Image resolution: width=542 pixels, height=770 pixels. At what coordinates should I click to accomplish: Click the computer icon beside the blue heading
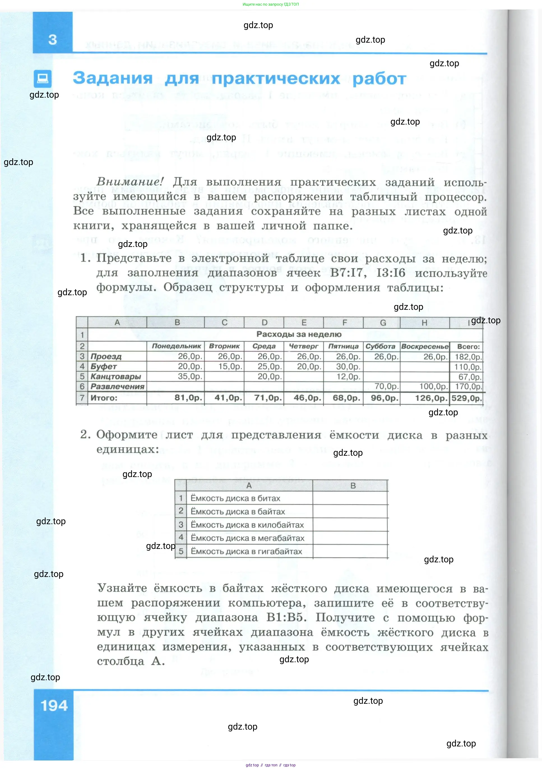[x=43, y=79]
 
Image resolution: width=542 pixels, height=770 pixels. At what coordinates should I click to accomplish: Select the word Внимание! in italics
[x=130, y=182]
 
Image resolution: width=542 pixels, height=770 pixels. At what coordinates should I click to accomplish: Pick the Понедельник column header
[x=176, y=346]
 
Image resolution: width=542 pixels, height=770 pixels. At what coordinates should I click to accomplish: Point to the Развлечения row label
[x=117, y=387]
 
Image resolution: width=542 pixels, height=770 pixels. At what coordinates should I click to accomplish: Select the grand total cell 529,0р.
[x=467, y=398]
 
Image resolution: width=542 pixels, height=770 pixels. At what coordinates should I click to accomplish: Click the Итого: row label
[x=104, y=398]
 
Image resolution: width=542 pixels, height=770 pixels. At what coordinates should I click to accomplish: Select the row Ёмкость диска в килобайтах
[x=247, y=525]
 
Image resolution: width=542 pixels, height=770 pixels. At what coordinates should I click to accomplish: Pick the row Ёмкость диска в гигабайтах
[x=246, y=551]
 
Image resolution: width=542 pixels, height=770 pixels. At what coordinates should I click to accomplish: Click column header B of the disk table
[x=353, y=486]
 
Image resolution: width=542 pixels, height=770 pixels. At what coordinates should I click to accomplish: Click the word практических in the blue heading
[x=276, y=79]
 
